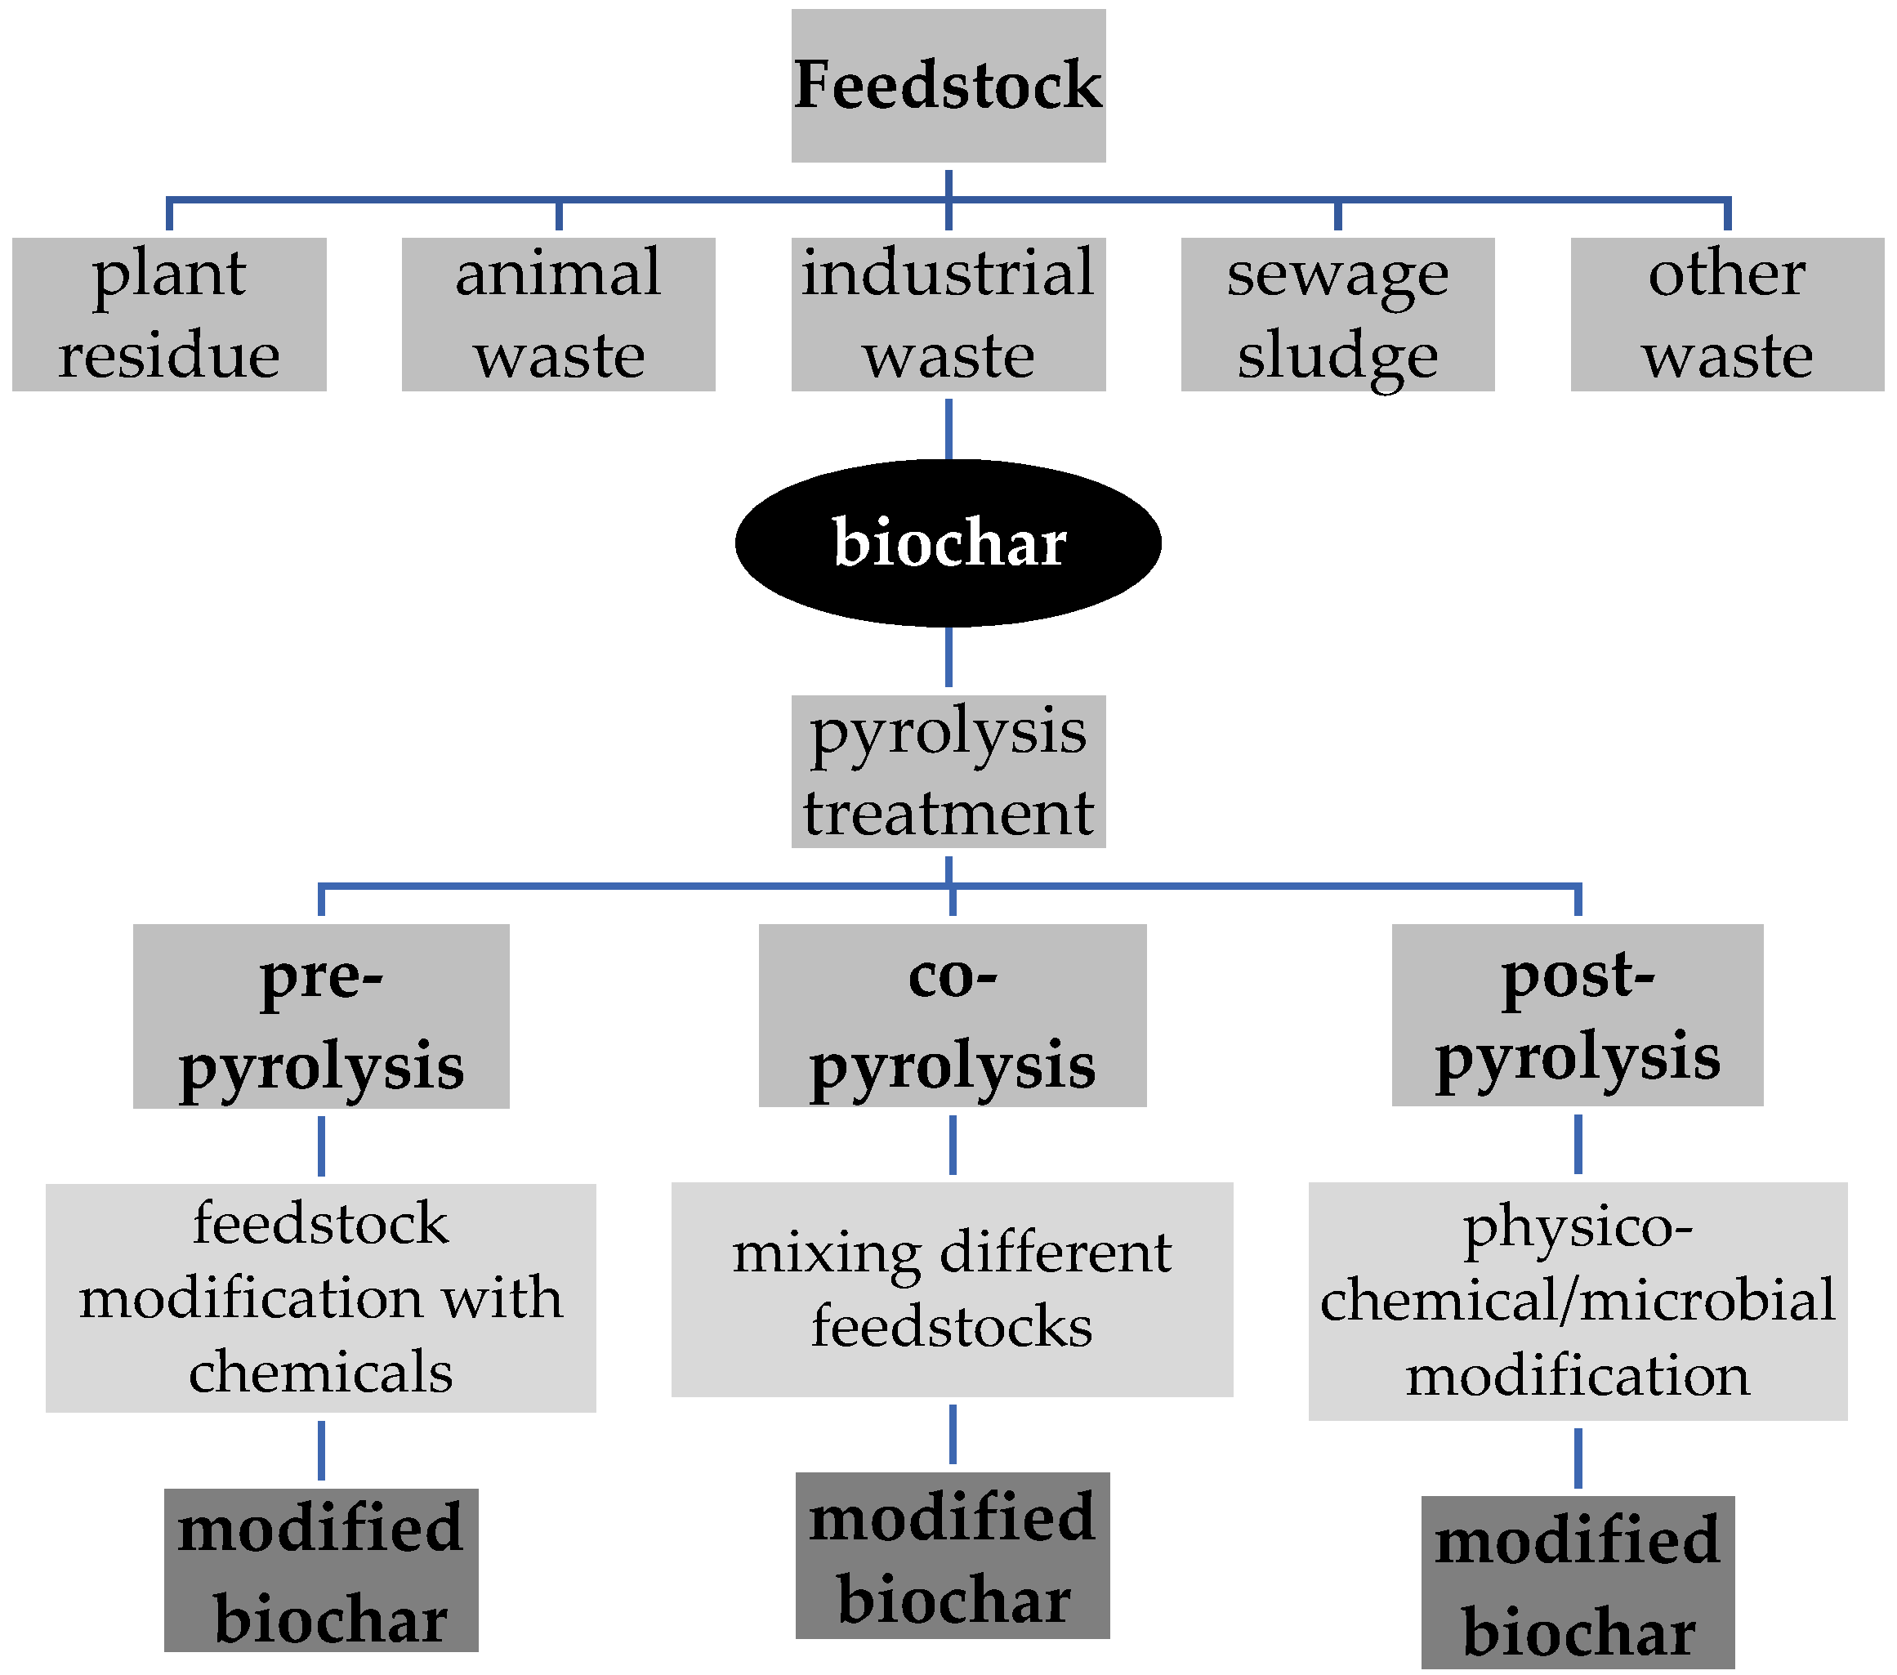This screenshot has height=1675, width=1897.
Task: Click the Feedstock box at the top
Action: pos(948,85)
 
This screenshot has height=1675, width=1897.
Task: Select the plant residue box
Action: pos(169,314)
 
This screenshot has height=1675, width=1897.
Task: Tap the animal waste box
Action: pos(558,314)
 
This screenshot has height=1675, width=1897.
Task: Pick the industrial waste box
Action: pos(948,314)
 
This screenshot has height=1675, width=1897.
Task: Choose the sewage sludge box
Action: pos(1337,314)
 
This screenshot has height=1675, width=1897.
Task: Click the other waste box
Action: pos(1726,314)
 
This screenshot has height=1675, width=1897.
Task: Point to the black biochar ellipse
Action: pos(948,543)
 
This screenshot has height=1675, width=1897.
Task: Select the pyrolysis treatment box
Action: pos(948,771)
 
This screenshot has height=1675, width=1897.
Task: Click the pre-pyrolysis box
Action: pos(320,1016)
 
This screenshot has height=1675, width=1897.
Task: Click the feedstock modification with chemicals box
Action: pos(320,1298)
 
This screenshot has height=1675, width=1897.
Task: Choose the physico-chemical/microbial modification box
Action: pos(1577,1300)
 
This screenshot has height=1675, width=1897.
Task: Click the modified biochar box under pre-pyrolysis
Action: pos(320,1570)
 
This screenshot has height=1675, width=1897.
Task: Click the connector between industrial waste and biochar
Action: pos(948,429)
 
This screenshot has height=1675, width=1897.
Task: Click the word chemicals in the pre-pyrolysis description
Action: pos(320,1372)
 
